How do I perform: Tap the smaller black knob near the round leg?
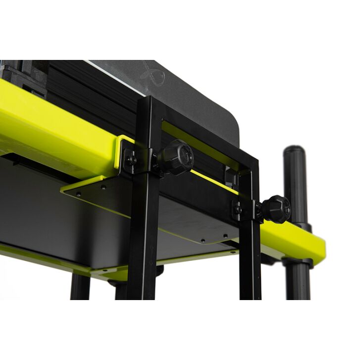(276, 208)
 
